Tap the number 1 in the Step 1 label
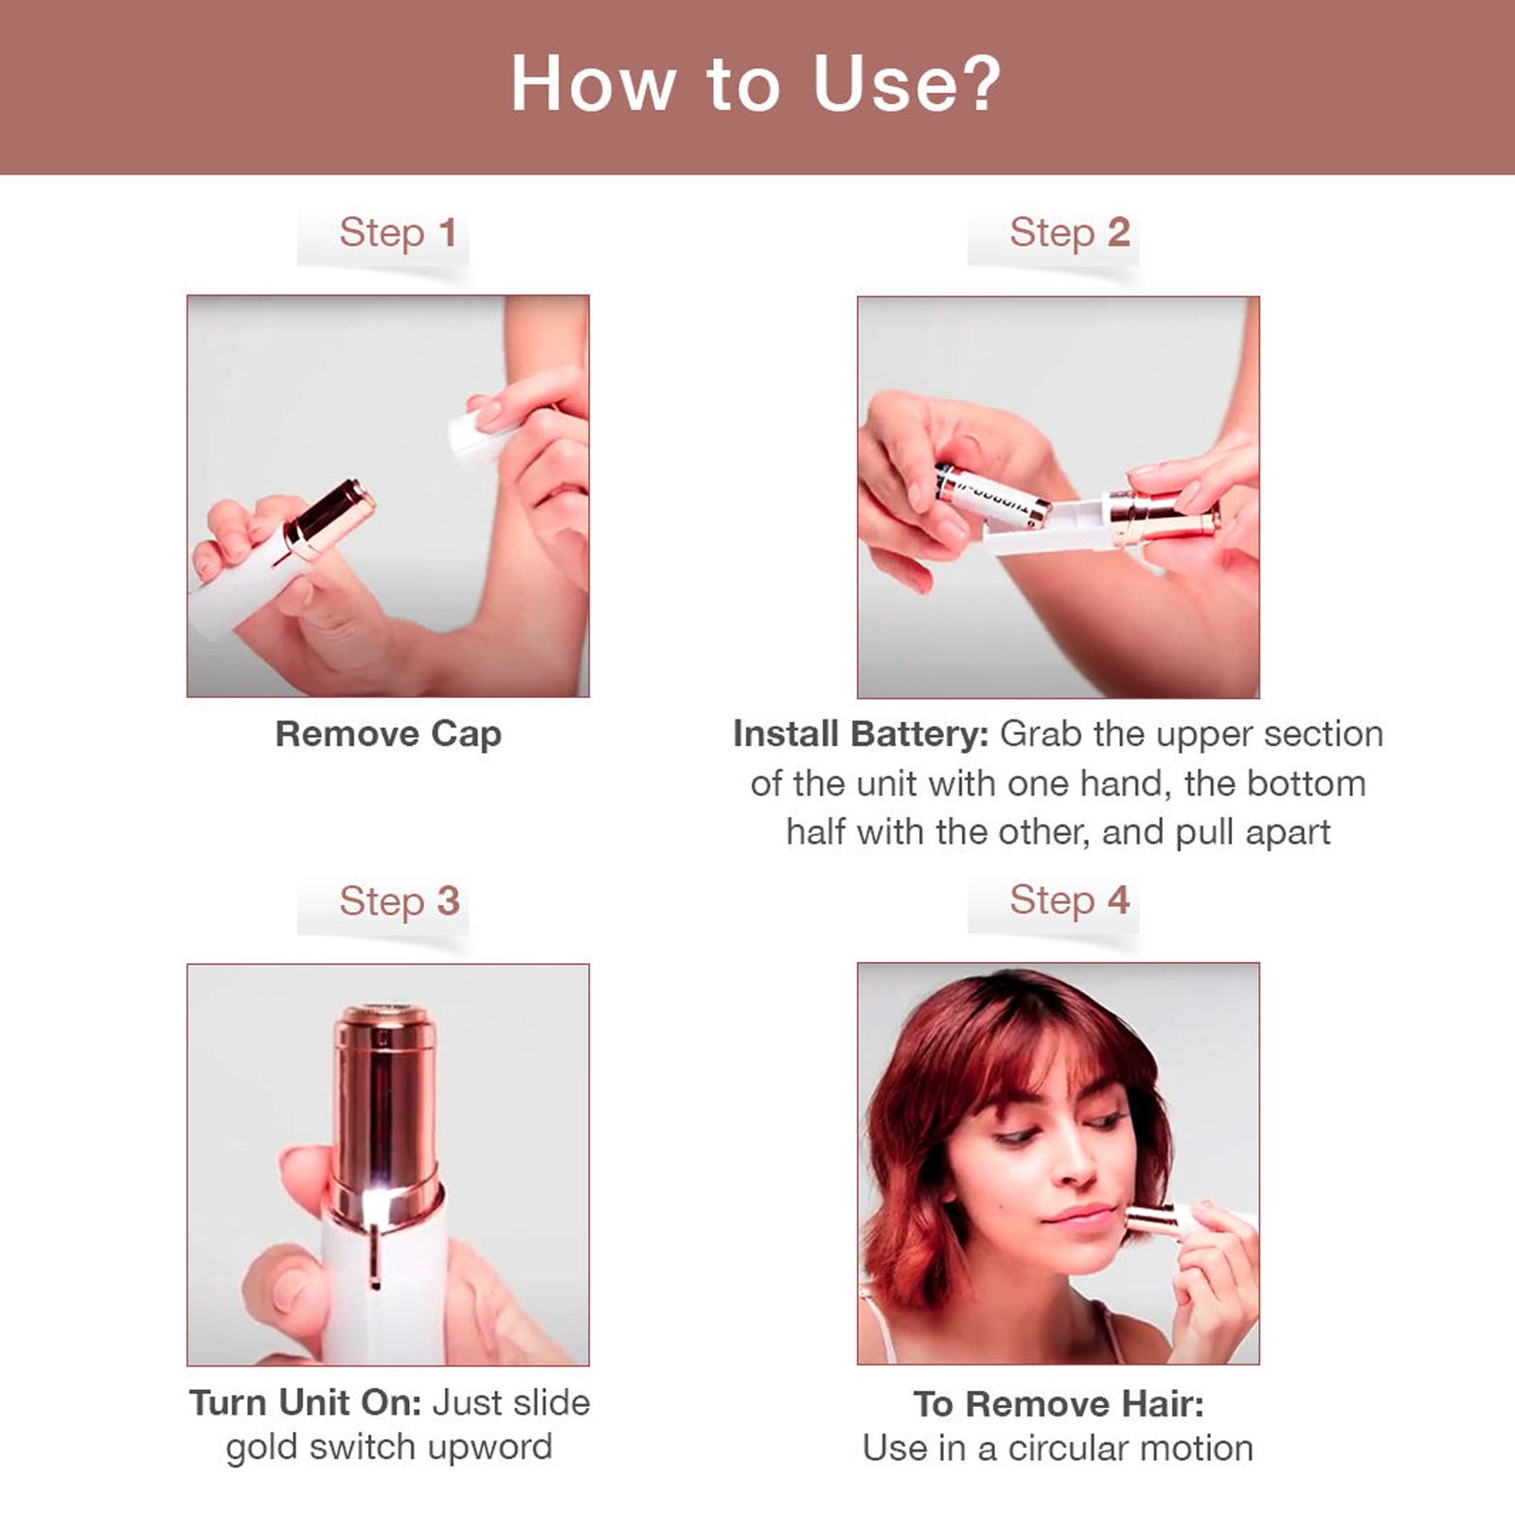pos(448,233)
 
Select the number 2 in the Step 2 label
pos(1118,233)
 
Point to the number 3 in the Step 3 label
pos(448,900)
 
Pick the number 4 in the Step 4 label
pos(1118,900)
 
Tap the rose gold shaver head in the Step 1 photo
pos(331,516)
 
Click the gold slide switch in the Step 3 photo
pos(375,1255)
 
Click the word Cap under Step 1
pos(466,735)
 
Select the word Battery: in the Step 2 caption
pos(919,735)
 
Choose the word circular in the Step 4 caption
pos(1064,1449)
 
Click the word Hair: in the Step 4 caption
pos(1160,1404)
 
